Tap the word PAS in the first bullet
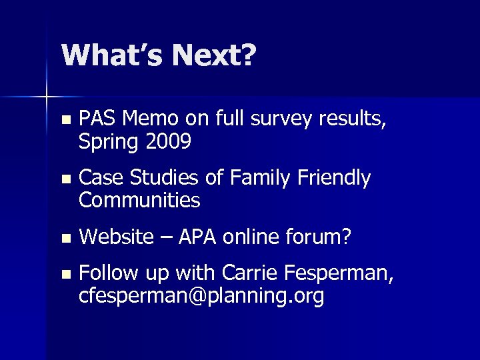click(x=96, y=119)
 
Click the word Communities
click(x=139, y=199)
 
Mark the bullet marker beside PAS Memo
click(x=64, y=121)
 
